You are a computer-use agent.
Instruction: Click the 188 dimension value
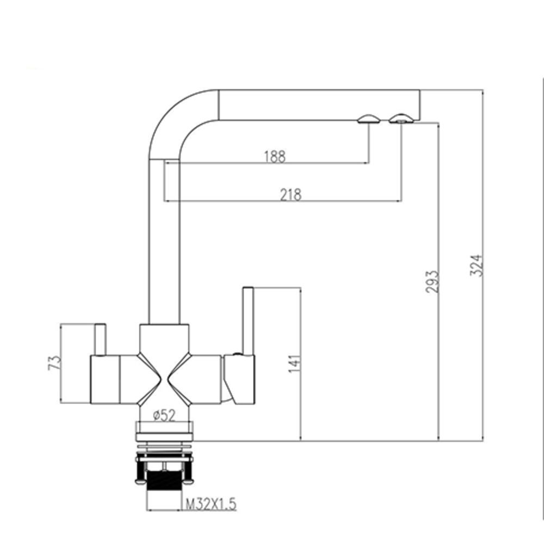[275, 157]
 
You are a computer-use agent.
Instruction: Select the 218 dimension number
[290, 195]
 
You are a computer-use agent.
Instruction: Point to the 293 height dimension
[432, 281]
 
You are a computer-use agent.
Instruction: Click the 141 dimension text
[294, 363]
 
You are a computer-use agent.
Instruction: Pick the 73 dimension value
[54, 362]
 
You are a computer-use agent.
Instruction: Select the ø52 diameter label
[164, 415]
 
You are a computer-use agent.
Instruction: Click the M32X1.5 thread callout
[211, 504]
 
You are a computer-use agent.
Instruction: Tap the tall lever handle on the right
[248, 321]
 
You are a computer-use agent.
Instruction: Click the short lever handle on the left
[100, 339]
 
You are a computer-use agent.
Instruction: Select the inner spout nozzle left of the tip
[369, 119]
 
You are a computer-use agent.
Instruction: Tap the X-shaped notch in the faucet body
[164, 379]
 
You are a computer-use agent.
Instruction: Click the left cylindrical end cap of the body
[105, 380]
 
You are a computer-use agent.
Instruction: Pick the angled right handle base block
[239, 379]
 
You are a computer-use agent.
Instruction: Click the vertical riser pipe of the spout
[164, 242]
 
